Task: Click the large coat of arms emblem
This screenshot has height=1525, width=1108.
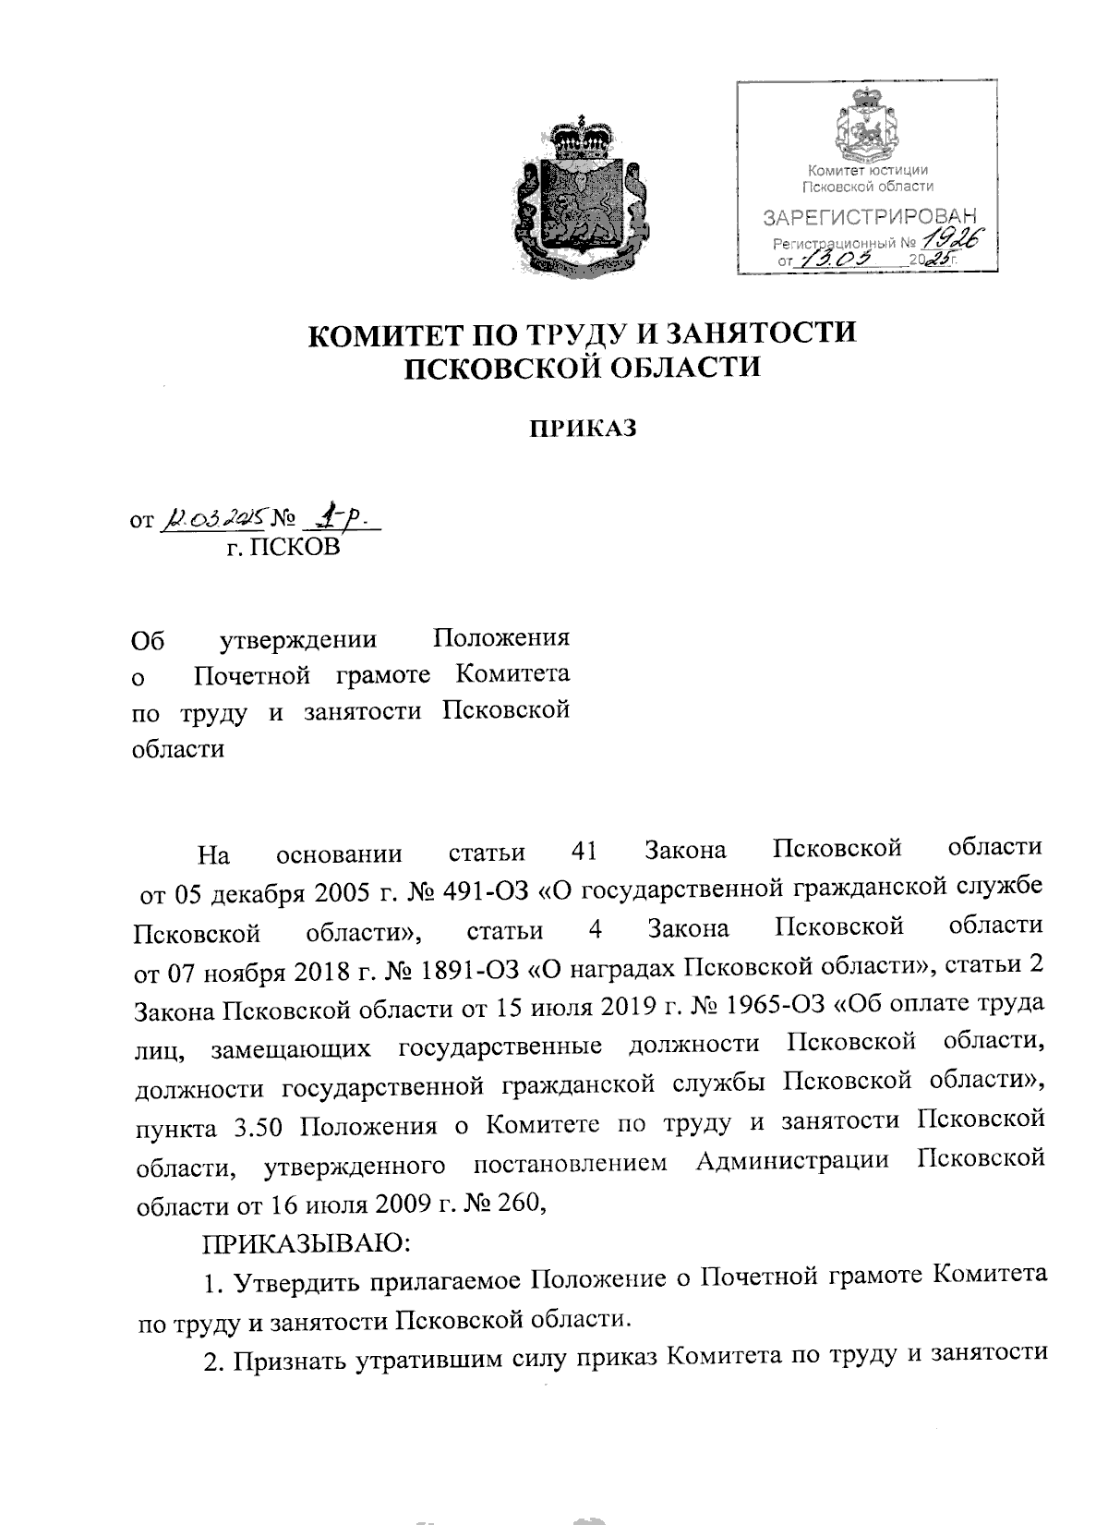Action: [x=579, y=196]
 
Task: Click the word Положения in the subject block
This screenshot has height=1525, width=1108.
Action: [x=501, y=638]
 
